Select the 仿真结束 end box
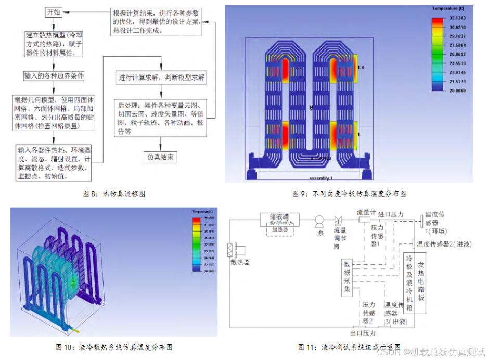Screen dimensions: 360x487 click(x=160, y=157)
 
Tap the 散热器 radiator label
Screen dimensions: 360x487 click(x=240, y=262)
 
